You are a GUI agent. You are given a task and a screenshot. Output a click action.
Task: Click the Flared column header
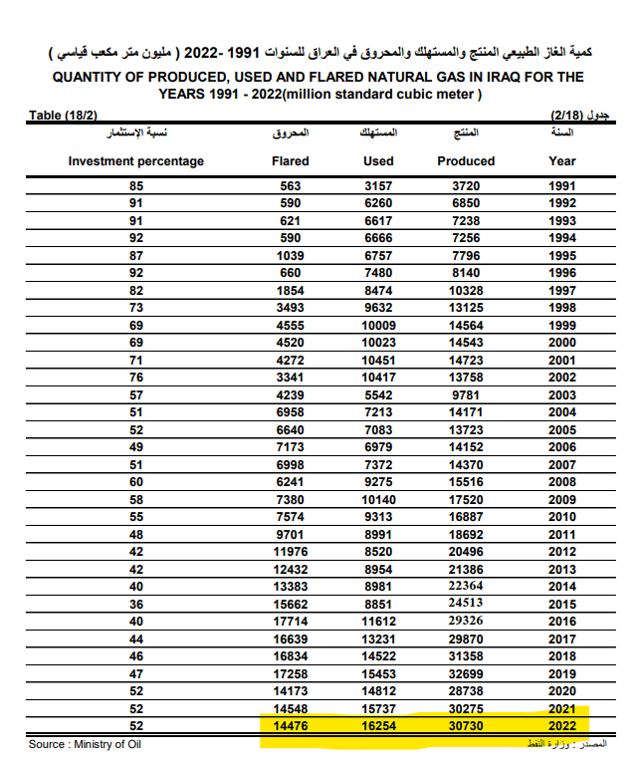[x=290, y=160]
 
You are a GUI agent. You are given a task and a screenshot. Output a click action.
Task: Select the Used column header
[x=378, y=160]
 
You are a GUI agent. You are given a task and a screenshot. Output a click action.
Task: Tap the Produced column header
[x=466, y=160]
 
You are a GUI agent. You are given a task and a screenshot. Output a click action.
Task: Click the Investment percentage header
[x=135, y=160]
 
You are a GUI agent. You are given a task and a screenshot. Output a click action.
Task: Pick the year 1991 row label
[x=562, y=186]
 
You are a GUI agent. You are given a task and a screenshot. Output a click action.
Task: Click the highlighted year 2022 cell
[x=562, y=726]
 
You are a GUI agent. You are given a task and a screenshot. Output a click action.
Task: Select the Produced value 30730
[x=466, y=726]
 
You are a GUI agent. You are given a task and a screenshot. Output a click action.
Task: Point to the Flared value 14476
[x=290, y=726]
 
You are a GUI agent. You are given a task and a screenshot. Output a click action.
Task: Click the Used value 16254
[x=378, y=726]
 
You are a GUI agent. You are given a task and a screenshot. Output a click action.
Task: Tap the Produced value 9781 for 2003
[x=466, y=394]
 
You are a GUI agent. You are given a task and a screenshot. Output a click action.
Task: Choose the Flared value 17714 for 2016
[x=290, y=622]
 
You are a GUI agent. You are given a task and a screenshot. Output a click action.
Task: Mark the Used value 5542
[x=378, y=394]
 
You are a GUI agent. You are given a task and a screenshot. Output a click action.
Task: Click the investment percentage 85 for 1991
[x=135, y=186]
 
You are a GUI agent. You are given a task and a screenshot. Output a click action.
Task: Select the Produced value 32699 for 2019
[x=466, y=673]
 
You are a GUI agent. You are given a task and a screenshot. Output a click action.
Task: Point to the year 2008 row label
[x=562, y=482]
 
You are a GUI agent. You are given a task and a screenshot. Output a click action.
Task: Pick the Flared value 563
[x=290, y=186]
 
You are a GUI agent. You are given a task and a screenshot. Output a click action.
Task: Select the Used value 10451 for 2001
[x=378, y=360]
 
